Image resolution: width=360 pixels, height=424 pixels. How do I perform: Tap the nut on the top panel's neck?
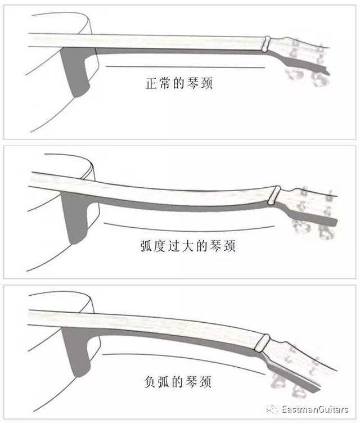268,44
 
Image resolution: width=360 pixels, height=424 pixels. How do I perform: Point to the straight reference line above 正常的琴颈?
186,67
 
